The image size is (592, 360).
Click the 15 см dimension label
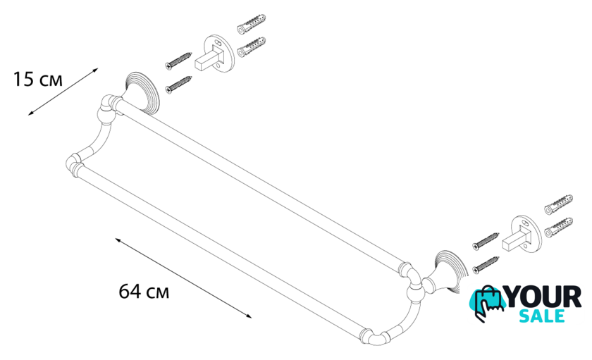coord(38,80)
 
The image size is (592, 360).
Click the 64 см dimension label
coord(144,292)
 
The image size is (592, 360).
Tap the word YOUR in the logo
coord(543,297)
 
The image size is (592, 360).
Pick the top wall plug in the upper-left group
coord(251,23)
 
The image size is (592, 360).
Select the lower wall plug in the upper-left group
coord(251,46)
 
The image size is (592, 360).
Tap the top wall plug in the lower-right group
coord(558,204)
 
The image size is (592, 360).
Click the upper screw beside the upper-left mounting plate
coord(178,61)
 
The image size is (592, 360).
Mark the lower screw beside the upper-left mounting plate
coord(178,85)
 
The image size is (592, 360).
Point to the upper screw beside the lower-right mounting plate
coord(486,242)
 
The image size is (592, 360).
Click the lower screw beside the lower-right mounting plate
coord(486,265)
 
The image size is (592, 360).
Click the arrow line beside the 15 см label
coord(63,92)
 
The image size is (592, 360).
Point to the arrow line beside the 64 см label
coord(183,278)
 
